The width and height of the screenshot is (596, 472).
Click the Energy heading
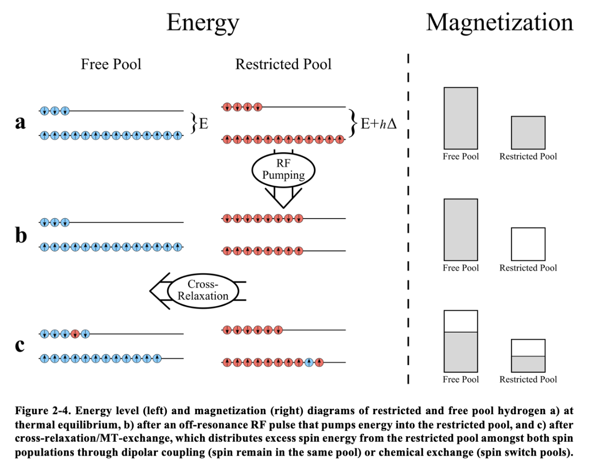203,23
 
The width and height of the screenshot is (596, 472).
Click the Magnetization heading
500,22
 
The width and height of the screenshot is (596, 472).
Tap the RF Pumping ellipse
284,170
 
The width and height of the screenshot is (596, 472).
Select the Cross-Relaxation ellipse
203,290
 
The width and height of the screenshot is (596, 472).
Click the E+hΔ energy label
379,124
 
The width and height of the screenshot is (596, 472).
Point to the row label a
20,122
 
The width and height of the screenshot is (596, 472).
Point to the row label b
21,235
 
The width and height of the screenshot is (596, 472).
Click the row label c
20,345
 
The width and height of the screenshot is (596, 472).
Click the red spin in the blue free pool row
75,333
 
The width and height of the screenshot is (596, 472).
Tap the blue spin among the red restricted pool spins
309,362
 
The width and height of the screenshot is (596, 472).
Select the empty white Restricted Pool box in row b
528,244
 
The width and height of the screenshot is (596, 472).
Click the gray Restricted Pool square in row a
528,132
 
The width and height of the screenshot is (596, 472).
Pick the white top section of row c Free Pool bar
461,321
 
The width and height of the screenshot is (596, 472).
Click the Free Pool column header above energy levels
111,64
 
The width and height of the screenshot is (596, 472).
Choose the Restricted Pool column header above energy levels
283,64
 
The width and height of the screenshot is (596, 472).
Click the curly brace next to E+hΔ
353,123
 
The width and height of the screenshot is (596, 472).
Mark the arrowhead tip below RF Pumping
284,208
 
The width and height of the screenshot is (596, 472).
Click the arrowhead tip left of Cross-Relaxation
150,291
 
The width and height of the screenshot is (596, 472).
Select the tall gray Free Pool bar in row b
461,230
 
